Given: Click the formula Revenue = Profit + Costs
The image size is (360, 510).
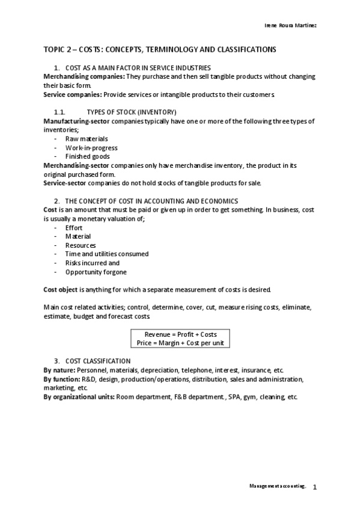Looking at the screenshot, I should tap(181, 334).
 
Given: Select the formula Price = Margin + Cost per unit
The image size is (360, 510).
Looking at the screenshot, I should tap(181, 342).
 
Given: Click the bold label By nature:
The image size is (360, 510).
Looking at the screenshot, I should tap(60, 369).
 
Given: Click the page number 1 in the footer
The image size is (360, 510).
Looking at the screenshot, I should tap(314, 487).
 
